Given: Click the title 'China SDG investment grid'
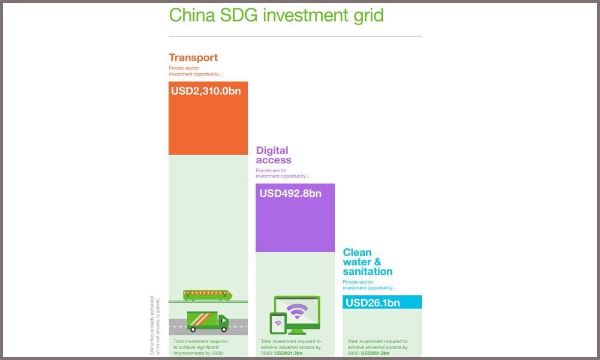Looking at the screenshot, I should click(276, 14).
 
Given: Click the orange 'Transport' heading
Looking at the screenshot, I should click(193, 58).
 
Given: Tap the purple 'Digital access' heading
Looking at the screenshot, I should click(273, 155).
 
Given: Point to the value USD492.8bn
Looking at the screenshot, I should click(290, 193).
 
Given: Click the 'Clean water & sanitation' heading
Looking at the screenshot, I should click(367, 262).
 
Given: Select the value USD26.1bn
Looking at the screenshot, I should click(373, 302).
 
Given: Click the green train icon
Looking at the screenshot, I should click(208, 295).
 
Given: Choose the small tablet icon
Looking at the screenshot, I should click(277, 325).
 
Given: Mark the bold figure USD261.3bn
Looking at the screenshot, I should click(375, 353).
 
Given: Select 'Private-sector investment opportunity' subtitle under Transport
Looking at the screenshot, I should click(195, 71).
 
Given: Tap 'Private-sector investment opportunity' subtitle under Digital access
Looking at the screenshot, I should click(282, 173).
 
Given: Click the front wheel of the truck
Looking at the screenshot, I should click(223, 329).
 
